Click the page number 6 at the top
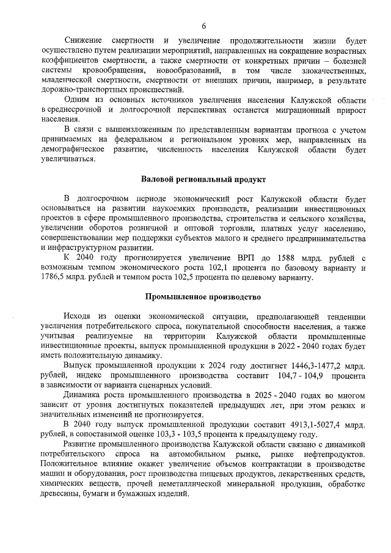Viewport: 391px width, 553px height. click(x=203, y=25)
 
